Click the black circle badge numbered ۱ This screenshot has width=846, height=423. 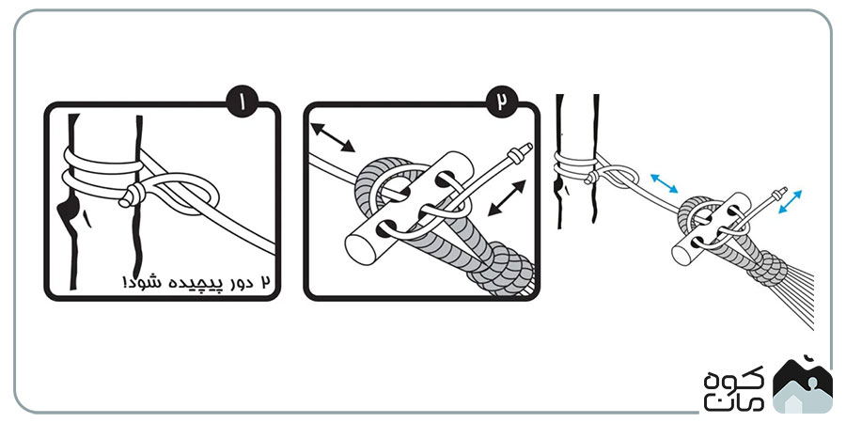pyautogui.click(x=243, y=101)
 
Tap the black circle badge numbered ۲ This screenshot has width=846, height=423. pyautogui.click(x=502, y=101)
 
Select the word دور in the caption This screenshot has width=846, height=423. pyautogui.click(x=238, y=282)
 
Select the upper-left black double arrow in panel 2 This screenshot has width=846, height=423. pyautogui.click(x=333, y=137)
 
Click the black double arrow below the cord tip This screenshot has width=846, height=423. pyautogui.click(x=507, y=198)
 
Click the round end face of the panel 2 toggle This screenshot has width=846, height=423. pyautogui.click(x=360, y=249)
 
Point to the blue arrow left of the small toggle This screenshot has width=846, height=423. pyautogui.click(x=664, y=183)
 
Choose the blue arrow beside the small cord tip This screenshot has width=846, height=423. pyautogui.click(x=790, y=201)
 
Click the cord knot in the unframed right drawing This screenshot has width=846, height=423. pyautogui.click(x=592, y=177)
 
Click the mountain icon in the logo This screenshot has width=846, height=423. pyautogui.click(x=803, y=384)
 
